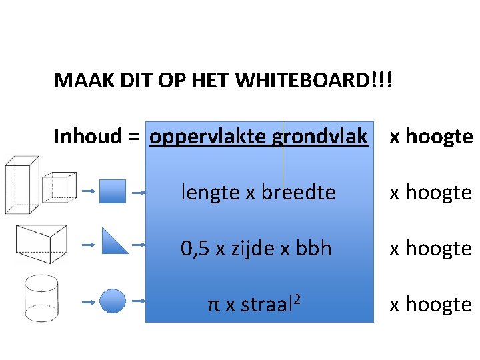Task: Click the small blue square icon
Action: click(112, 191)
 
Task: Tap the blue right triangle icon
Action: click(114, 241)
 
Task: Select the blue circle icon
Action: click(112, 301)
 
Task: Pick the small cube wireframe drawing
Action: click(59, 187)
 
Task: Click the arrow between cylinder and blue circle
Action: click(88, 302)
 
